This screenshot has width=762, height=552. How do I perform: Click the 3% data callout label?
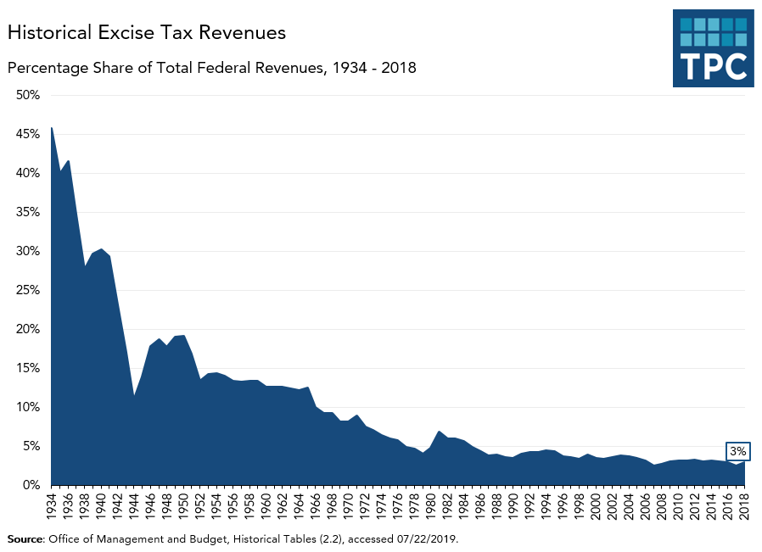[x=738, y=452]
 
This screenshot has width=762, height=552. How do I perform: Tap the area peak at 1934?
[x=52, y=128]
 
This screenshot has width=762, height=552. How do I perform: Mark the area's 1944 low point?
[x=134, y=395]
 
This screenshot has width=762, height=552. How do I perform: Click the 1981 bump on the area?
[x=440, y=432]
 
